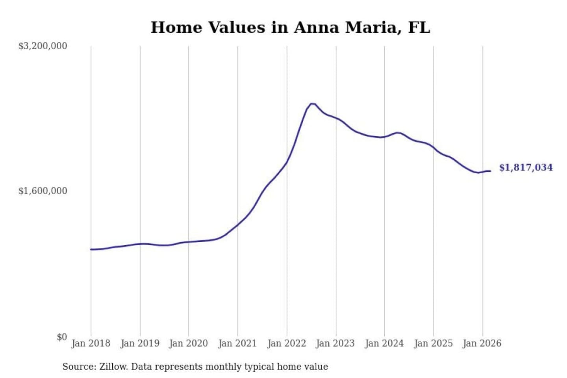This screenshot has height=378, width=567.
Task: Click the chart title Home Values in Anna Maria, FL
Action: tap(290, 28)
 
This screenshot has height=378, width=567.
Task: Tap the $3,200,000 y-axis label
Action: tap(43, 46)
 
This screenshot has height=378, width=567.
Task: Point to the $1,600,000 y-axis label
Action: tap(43, 191)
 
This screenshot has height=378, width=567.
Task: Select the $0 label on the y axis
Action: tap(62, 337)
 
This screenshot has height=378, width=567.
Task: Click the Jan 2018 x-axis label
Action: tap(91, 343)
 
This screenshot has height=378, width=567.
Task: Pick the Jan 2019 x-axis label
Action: tap(140, 343)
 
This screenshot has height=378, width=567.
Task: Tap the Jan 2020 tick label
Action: tap(188, 343)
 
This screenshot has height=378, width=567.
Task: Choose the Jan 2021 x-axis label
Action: tap(237, 343)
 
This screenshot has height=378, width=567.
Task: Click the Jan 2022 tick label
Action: tap(287, 343)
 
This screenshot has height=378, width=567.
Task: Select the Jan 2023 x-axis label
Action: tap(335, 343)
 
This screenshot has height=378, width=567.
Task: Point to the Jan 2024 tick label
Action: tap(384, 343)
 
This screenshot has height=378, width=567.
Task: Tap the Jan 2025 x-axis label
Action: tap(433, 343)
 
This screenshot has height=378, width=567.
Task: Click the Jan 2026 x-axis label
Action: tap(482, 343)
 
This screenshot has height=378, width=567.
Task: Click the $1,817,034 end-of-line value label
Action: tap(526, 168)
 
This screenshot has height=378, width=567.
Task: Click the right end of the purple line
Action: tap(490, 171)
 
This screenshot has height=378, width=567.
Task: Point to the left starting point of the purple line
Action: tap(91, 249)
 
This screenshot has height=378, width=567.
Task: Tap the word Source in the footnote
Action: tap(78, 367)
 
